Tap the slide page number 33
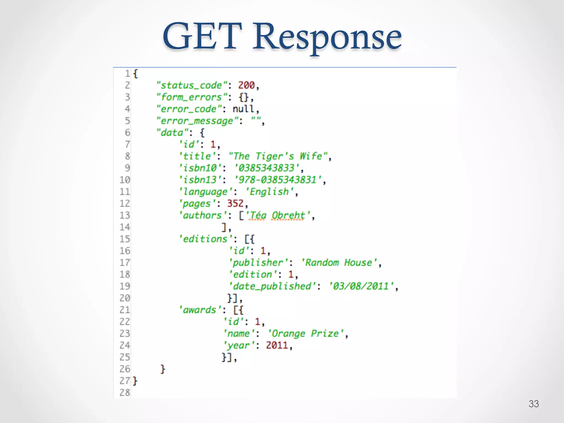pyautogui.click(x=533, y=404)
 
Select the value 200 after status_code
pyautogui.click(x=246, y=85)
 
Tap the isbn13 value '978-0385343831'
pyautogui.click(x=278, y=180)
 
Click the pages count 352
pyautogui.click(x=235, y=204)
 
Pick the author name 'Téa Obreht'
pyautogui.click(x=278, y=215)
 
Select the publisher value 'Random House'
pyautogui.click(x=339, y=263)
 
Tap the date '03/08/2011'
pyautogui.click(x=361, y=286)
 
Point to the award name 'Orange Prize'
pyautogui.click(x=305, y=334)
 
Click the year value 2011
pyautogui.click(x=277, y=345)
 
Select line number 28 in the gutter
pyautogui.click(x=124, y=393)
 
